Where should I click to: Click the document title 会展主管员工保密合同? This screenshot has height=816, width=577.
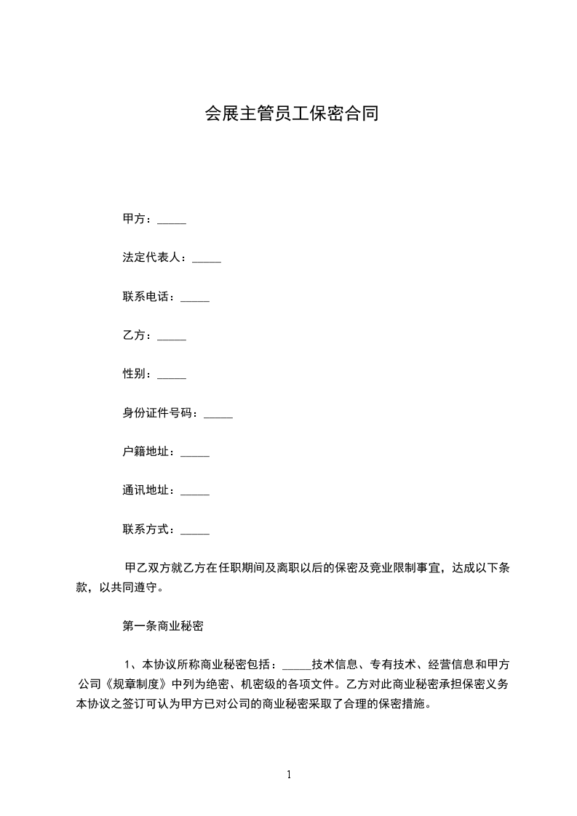[x=291, y=114]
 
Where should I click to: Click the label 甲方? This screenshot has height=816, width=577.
[x=136, y=219]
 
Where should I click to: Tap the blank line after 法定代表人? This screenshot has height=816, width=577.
[x=206, y=258]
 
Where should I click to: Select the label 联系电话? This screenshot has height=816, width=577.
[x=148, y=297]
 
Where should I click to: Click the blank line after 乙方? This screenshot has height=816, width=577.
[x=172, y=336]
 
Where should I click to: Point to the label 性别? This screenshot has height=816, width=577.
[x=136, y=375]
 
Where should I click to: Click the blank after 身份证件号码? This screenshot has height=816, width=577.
[x=218, y=414]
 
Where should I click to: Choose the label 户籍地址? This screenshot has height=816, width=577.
[x=148, y=452]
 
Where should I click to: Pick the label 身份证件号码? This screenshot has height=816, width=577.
[x=160, y=414]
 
